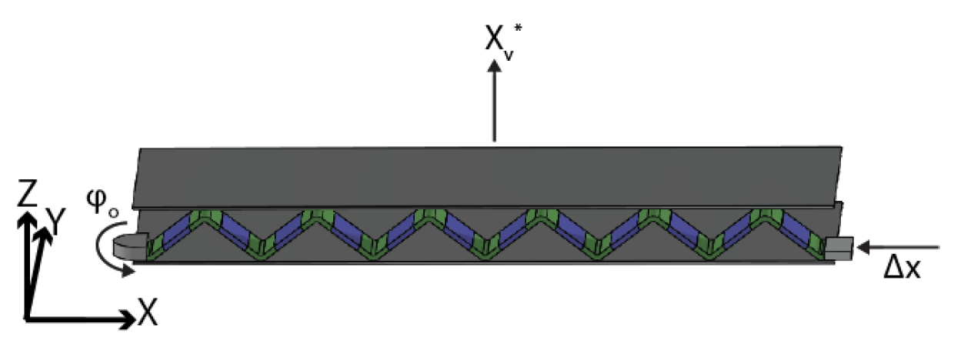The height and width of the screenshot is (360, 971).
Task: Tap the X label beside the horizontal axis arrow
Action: coord(148,313)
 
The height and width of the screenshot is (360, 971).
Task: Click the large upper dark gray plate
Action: coord(485,176)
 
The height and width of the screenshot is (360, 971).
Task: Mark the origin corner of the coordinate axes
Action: coord(28,317)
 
